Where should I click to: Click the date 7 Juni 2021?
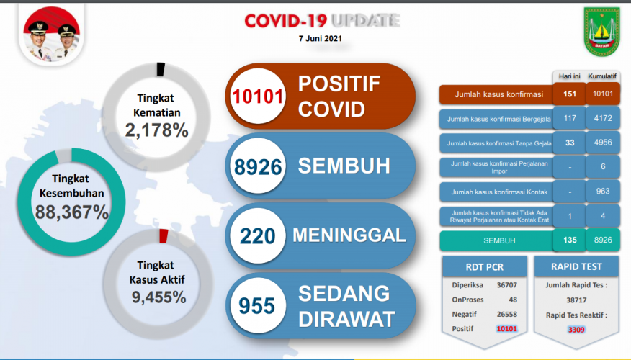coord(321,39)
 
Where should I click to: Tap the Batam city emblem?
coord(602,32)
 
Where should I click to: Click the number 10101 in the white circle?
coord(258,96)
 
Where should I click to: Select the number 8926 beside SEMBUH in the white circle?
coord(258,167)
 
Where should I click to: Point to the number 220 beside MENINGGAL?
coord(258,236)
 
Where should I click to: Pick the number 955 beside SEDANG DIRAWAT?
coord(256,306)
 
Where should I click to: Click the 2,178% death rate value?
coord(156,130)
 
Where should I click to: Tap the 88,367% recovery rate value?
coord(71,212)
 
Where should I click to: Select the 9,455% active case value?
coord(159,297)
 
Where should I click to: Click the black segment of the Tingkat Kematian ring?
coord(161,69)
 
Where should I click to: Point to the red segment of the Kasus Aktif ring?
coord(164,236)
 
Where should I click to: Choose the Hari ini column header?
coord(570,76)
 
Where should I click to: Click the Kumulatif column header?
coord(602,76)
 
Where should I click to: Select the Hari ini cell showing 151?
coord(570,94)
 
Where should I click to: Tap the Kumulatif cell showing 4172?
coord(603,118)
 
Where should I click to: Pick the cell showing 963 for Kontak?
coord(603,191)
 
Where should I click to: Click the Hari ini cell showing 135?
coord(570,240)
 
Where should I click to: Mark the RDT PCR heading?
coord(485,267)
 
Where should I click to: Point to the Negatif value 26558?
coord(506,314)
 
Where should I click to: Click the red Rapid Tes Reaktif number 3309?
coord(576,330)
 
